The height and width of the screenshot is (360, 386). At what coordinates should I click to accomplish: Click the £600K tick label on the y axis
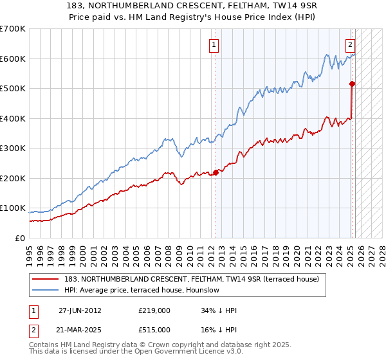pos(13,59)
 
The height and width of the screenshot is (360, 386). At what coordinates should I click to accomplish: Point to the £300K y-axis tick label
pos(13,148)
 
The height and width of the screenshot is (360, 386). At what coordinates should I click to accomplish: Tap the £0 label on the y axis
pos(21,238)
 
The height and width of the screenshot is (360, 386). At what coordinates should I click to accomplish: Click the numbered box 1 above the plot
pos(213,45)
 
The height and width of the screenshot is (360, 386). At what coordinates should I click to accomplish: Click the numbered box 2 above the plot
pos(350,45)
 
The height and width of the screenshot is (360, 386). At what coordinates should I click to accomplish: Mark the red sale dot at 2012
pos(216,172)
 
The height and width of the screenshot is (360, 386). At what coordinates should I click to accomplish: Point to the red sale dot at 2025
pos(353,84)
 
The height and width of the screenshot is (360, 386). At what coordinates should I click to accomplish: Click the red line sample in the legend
pos(46,279)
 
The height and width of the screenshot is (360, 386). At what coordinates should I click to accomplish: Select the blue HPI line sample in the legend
pos(46,290)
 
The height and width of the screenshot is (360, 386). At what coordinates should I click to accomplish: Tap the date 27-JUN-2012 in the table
pos(80,310)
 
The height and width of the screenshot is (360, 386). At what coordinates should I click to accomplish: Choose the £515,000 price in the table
pos(154,329)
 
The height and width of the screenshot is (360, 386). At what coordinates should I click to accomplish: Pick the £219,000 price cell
pos(154,310)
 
